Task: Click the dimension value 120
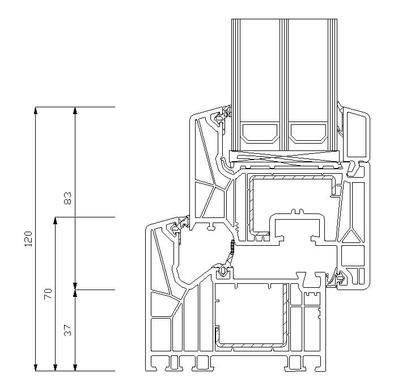[28, 239]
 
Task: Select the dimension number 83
[67, 198]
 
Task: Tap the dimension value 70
[48, 294]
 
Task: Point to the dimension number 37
[67, 330]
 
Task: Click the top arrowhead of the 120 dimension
[36, 110]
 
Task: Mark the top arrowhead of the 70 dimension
[56, 220]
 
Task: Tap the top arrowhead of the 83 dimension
[75, 110]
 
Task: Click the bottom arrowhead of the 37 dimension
[75, 367]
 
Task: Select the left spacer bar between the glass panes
[259, 132]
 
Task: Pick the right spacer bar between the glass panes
[308, 132]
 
